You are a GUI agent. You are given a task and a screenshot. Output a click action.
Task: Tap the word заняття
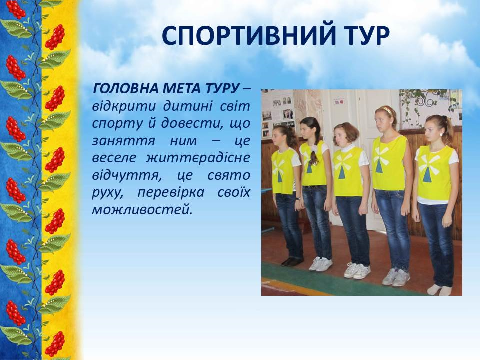(123, 141)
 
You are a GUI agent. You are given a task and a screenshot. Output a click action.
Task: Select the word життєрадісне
(198, 158)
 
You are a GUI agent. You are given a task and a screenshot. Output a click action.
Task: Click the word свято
(229, 175)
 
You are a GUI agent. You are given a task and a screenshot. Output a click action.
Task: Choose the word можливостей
(142, 210)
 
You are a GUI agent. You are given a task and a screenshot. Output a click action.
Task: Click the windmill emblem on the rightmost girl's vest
(429, 168)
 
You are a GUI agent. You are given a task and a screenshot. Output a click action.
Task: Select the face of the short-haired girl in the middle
(342, 136)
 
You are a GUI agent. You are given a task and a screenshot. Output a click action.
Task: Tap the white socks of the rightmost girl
(439, 290)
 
